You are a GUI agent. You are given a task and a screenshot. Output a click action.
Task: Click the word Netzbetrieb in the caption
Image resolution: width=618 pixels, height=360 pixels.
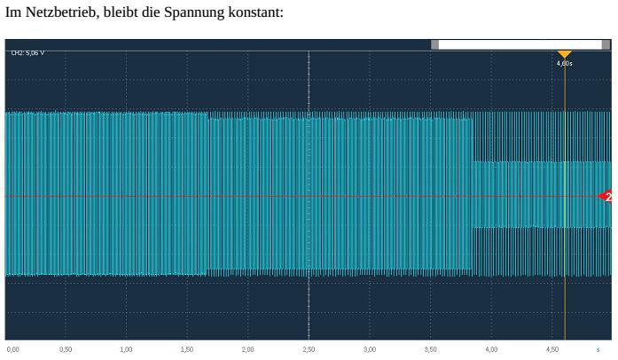tap(62, 12)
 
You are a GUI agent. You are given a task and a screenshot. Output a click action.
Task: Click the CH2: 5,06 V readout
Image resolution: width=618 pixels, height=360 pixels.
tap(27, 53)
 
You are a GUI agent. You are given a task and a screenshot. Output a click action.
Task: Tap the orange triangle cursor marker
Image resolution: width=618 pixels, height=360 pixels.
tap(564, 54)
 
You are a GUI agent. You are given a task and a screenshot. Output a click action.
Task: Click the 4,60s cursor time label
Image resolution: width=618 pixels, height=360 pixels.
tap(564, 64)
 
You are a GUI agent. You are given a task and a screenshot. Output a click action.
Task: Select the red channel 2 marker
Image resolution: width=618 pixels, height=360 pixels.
tap(606, 196)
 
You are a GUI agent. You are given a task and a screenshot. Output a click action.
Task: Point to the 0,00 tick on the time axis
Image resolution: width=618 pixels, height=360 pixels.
tap(12, 349)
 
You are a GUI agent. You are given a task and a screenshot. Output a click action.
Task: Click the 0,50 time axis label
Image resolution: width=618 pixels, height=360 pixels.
tap(66, 349)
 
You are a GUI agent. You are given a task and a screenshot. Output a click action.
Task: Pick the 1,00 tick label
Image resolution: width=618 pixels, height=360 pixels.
tap(126, 349)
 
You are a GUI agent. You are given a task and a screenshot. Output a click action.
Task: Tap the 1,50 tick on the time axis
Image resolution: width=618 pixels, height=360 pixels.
tap(187, 349)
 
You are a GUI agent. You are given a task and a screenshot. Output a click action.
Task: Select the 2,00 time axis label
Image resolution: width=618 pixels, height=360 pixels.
tap(247, 349)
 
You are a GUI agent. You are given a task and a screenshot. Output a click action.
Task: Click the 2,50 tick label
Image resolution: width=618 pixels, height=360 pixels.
tap(309, 349)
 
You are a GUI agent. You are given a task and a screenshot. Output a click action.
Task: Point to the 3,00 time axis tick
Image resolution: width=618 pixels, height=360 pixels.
tap(370, 349)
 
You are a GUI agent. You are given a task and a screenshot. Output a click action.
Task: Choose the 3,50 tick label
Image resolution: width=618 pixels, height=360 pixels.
tap(430, 349)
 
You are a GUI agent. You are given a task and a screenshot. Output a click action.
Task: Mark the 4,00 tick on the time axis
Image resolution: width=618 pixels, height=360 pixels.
tap(491, 349)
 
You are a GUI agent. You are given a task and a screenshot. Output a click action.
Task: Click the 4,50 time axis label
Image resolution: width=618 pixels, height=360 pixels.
tap(552, 349)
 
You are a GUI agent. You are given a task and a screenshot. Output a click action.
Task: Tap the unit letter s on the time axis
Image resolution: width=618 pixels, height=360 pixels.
tap(598, 349)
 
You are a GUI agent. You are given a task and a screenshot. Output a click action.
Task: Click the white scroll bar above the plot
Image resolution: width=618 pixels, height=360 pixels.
tap(520, 44)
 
